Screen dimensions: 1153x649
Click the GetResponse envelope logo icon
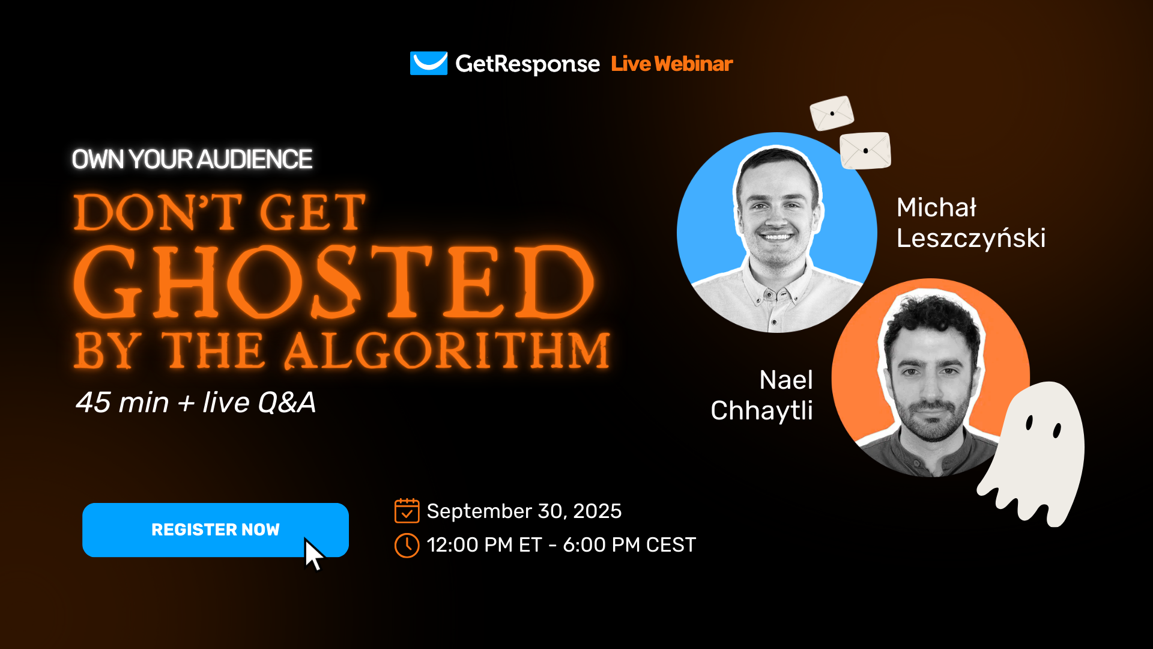pyautogui.click(x=429, y=63)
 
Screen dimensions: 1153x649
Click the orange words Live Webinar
pyautogui.click(x=672, y=64)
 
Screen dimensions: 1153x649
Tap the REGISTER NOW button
pyautogui.click(x=216, y=530)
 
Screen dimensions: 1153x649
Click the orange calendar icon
pyautogui.click(x=407, y=511)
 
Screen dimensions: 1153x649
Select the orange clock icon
pyautogui.click(x=407, y=545)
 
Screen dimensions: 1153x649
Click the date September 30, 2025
pyautogui.click(x=524, y=511)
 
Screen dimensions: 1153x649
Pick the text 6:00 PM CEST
pyautogui.click(x=629, y=545)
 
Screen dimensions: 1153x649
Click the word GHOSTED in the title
pyautogui.click(x=334, y=281)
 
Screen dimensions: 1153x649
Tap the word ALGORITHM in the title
pyautogui.click(x=447, y=350)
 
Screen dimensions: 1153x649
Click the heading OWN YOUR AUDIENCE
pyautogui.click(x=192, y=159)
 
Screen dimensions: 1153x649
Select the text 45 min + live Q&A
pyautogui.click(x=196, y=403)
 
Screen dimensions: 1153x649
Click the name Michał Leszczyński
pyautogui.click(x=971, y=222)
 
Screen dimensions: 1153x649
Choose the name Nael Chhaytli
pyautogui.click(x=762, y=395)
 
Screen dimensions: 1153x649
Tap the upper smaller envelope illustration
pyautogui.click(x=832, y=113)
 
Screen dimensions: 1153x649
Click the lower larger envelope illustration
pyautogui.click(x=865, y=150)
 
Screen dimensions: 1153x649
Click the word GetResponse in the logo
pyautogui.click(x=527, y=64)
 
